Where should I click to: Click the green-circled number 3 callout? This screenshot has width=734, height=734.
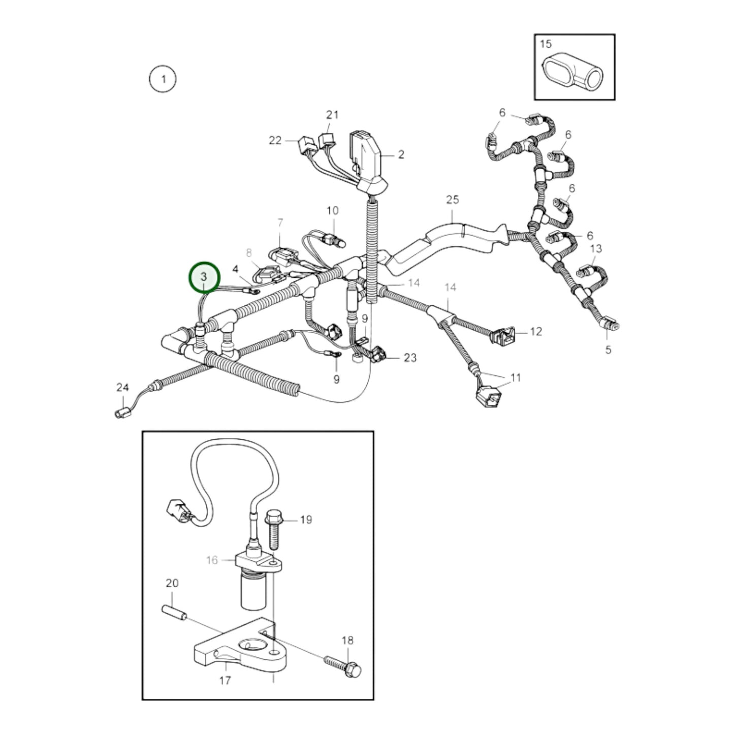205,278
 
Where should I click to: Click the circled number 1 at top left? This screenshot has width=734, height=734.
163,79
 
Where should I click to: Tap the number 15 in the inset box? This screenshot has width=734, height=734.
546,44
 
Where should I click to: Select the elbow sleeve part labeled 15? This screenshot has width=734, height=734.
573,72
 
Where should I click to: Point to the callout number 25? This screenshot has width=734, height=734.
453,200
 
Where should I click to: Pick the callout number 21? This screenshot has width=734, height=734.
332,115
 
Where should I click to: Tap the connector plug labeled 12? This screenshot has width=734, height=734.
503,335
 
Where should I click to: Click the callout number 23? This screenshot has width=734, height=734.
410,358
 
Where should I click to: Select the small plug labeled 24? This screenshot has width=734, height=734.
122,413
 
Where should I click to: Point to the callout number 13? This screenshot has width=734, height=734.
596,249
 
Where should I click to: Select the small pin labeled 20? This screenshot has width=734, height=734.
174,615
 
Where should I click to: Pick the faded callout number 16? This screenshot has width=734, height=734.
212,560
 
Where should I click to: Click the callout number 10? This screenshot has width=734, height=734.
332,211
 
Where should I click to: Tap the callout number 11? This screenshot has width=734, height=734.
516,378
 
